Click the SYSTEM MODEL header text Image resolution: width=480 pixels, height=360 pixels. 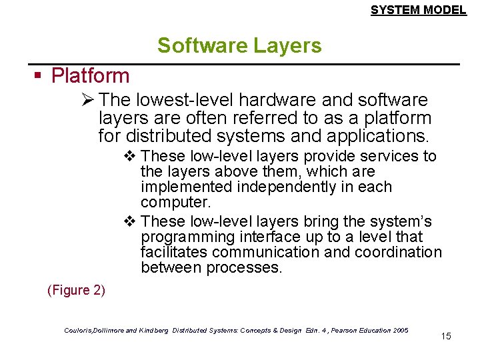pos(418,9)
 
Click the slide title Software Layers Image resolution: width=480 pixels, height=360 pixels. pos(239,46)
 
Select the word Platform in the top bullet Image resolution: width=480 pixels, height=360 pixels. pos(90,75)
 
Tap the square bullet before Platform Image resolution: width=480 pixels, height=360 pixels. pos(39,75)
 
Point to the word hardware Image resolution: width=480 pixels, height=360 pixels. pos(278,100)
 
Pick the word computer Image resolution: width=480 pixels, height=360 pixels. pos(172,203)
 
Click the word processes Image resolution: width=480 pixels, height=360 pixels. pos(245,268)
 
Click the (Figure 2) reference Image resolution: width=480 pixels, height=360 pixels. pos(76,290)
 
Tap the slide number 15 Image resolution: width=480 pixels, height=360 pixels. pos(446,336)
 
